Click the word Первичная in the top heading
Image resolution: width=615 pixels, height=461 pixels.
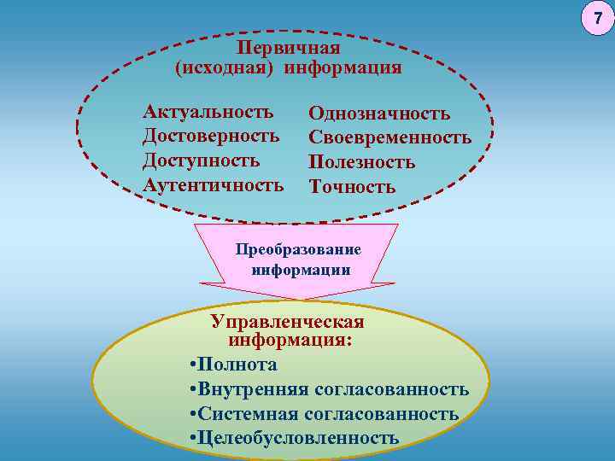click(288, 48)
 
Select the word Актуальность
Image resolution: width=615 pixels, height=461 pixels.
click(209, 112)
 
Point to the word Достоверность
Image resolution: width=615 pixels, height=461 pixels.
click(212, 136)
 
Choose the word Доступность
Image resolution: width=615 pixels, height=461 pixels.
click(202, 160)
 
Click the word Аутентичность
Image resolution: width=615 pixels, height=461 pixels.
click(214, 184)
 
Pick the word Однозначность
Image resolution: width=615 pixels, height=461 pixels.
click(379, 114)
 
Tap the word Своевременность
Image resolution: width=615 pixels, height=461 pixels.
click(390, 137)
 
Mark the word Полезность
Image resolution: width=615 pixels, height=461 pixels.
click(362, 161)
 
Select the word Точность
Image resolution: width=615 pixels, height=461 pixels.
click(352, 185)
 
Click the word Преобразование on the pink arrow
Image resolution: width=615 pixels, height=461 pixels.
click(298, 250)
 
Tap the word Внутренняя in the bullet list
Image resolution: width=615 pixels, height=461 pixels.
click(253, 389)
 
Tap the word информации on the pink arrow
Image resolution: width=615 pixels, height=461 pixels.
click(301, 269)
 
